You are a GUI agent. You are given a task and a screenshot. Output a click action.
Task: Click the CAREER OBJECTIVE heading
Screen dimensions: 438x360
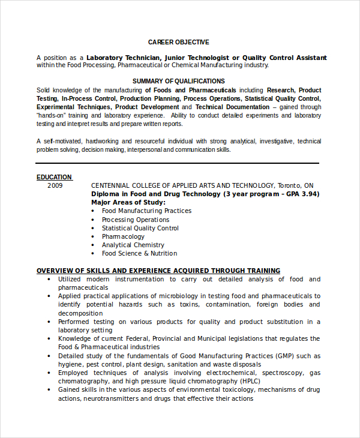click(179, 42)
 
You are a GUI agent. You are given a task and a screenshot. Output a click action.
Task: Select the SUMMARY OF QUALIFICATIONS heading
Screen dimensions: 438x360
click(179, 81)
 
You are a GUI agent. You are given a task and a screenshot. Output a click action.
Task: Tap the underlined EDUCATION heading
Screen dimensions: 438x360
click(54, 177)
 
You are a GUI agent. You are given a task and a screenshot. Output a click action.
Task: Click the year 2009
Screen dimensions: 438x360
click(55, 186)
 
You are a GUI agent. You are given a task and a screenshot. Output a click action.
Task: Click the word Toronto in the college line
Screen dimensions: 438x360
click(290, 186)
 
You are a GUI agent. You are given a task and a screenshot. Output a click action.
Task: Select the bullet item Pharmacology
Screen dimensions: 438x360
click(123, 236)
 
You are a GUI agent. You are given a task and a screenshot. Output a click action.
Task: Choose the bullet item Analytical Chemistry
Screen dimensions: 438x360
click(133, 245)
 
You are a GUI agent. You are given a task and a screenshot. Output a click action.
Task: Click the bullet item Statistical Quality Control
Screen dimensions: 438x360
click(140, 228)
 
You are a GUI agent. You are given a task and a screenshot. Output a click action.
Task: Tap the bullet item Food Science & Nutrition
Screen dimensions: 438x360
click(139, 253)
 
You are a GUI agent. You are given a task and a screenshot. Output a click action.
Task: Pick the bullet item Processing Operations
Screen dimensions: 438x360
click(135, 220)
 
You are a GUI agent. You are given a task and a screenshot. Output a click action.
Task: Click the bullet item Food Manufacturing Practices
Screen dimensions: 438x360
click(146, 211)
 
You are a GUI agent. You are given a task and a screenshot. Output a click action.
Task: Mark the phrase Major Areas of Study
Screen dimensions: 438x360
click(128, 203)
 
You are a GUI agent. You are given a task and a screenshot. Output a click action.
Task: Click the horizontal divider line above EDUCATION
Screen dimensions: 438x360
click(177, 163)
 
